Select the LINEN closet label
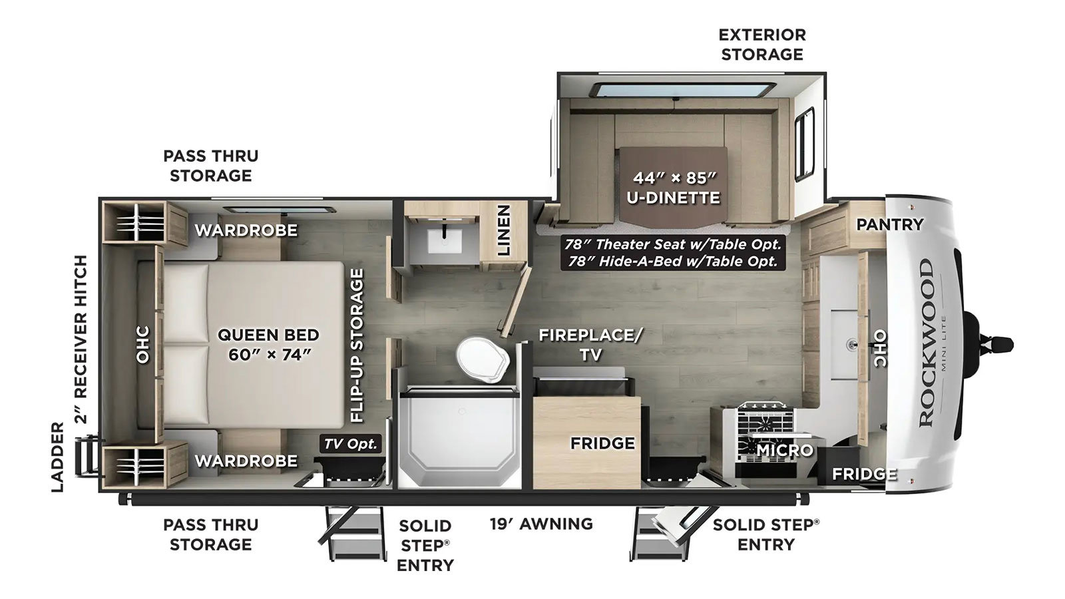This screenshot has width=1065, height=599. point(503,230)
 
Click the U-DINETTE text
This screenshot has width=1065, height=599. point(673,197)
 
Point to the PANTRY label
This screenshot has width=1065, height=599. point(890,224)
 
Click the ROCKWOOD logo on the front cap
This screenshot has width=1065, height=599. point(926,343)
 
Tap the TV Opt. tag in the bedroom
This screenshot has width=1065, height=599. point(350,444)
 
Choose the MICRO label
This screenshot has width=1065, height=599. point(785,450)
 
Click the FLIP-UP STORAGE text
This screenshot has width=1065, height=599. point(357,345)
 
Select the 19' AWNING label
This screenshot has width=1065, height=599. point(542,524)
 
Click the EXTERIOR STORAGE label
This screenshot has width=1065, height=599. point(762,45)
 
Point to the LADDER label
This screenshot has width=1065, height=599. point(57,457)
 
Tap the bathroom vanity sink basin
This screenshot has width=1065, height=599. point(445,242)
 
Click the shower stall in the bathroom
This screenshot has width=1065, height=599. point(459,438)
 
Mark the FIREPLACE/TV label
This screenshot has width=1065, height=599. point(590,345)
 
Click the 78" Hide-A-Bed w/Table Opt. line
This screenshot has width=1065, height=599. point(671,261)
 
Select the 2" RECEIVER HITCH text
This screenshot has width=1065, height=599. point(82,339)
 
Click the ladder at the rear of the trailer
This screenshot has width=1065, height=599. point(87,457)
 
